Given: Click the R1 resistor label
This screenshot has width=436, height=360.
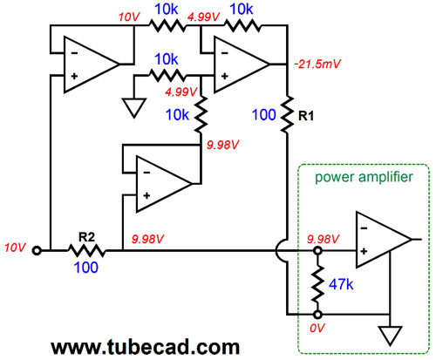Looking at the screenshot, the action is coord(306,116).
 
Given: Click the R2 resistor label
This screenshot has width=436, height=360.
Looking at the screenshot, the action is coord(87,237).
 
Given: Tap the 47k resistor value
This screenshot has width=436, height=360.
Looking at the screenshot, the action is coord(341,284).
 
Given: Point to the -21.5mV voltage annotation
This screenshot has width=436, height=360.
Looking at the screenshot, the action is coord(317,64).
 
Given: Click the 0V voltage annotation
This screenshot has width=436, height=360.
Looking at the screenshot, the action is coord(317,328).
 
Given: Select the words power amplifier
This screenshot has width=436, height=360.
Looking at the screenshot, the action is coord(364,178).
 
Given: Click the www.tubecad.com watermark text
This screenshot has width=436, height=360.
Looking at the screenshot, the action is coord(146,347).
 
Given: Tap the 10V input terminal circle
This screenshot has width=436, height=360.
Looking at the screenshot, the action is coord(37,250).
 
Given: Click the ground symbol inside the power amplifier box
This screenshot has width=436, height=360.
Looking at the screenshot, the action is coord(390,336).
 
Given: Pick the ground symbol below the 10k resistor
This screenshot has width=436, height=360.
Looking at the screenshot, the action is coord(134,108).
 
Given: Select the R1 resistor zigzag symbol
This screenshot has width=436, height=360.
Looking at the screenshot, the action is coord(287,114).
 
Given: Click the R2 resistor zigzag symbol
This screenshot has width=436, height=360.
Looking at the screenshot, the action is coord(86,250).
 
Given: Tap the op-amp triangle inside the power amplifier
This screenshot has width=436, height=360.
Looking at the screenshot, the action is coord(384,240).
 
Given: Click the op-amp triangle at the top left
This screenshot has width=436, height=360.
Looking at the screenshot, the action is coord(92,65).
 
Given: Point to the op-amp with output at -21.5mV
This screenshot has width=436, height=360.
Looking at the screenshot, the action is coord(242,65).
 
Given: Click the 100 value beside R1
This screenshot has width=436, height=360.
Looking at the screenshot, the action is coord(264,115).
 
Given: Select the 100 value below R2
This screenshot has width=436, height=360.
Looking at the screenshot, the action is coord(86,268).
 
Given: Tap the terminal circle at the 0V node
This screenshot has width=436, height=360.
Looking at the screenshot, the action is coord(317,315).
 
